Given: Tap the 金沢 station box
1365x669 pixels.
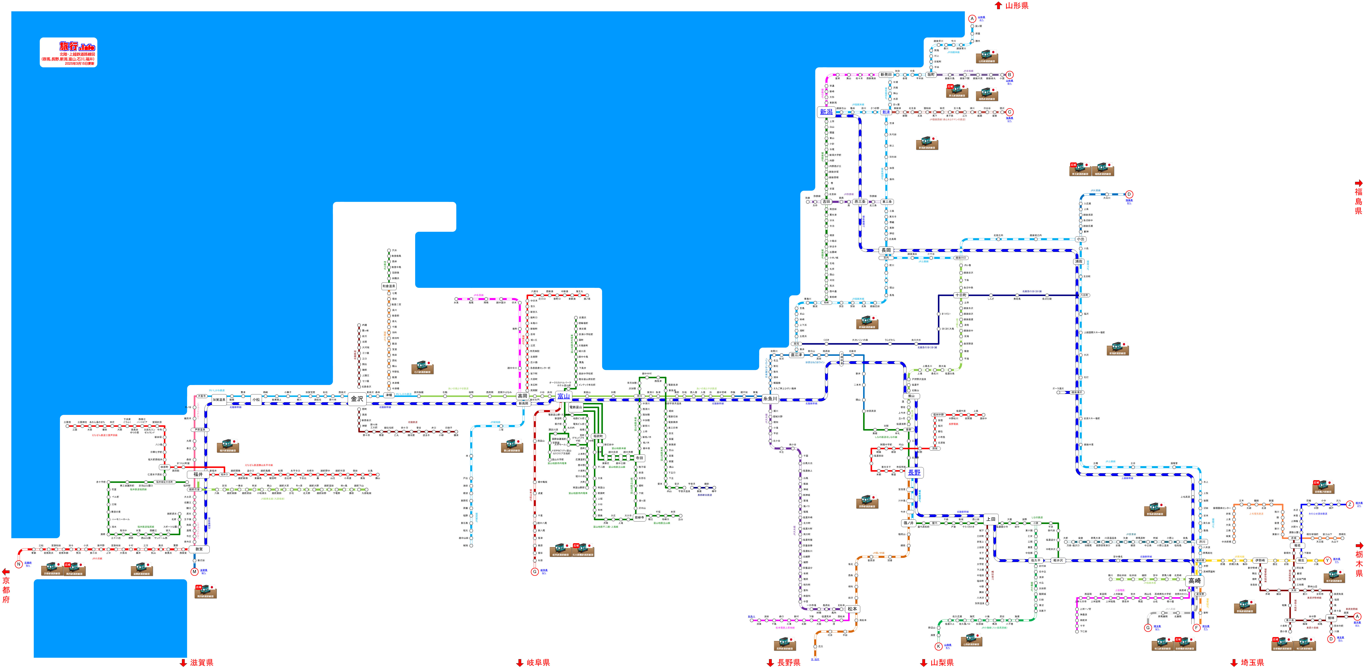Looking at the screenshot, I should tap(357, 399).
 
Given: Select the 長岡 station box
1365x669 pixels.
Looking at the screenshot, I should tap(886, 250).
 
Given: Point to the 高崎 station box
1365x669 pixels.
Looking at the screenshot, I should tap(1195, 581).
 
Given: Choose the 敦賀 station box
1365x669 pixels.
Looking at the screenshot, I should tap(199, 549).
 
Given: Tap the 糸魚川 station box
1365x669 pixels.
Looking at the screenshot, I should tap(770, 399).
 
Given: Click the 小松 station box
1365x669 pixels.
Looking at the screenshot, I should tap(256, 399).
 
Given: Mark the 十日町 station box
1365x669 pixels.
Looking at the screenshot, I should tap(961, 295).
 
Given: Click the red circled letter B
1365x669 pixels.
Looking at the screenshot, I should tap(1009, 75).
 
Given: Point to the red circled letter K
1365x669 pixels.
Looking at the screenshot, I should tap(938, 646).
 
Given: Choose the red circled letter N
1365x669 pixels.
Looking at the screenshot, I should tap(19, 565).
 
